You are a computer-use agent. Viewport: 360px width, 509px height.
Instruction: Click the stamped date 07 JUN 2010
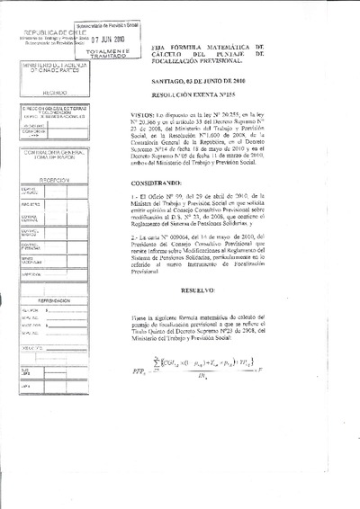tap(110, 40)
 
